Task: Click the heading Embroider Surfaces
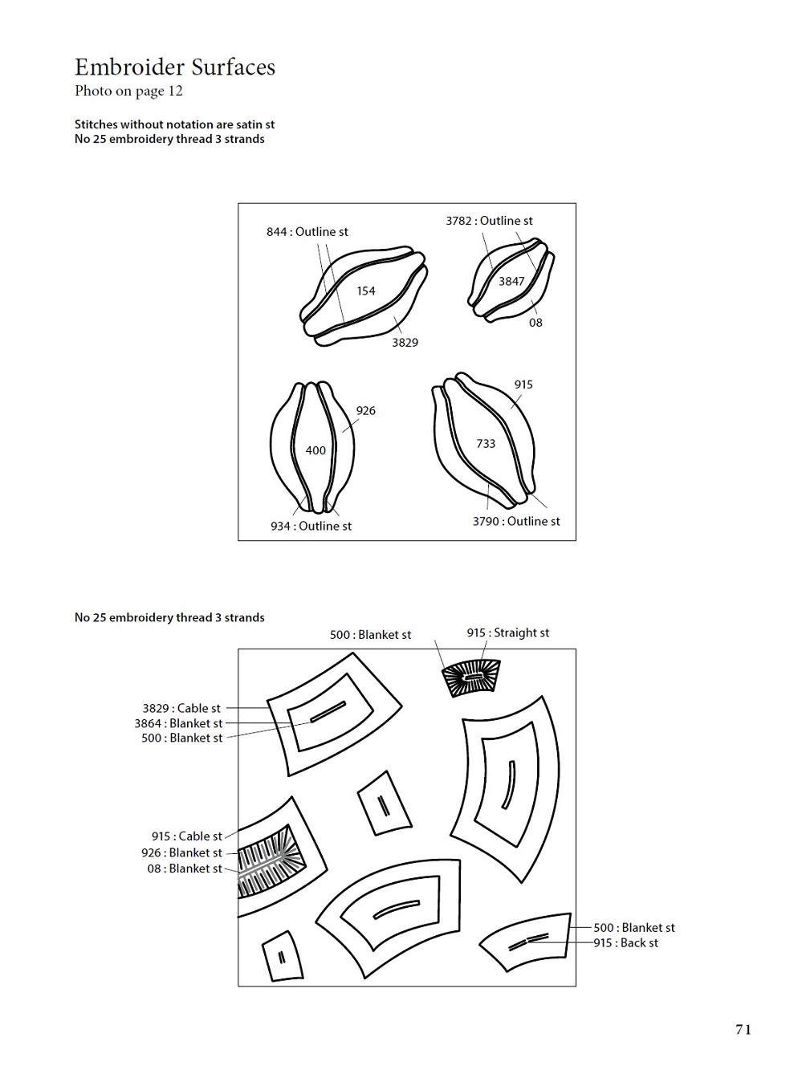(x=175, y=67)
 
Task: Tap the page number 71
(x=743, y=1030)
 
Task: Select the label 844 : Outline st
(x=307, y=232)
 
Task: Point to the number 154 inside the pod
(x=366, y=291)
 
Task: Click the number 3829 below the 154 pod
(x=405, y=343)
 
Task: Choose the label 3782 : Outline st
(x=489, y=221)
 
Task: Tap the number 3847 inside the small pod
(x=511, y=281)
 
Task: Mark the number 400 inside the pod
(x=316, y=450)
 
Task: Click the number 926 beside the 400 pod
(x=365, y=410)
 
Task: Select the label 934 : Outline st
(x=311, y=527)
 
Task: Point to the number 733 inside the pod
(x=486, y=443)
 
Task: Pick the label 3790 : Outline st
(x=516, y=521)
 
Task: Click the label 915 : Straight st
(x=507, y=633)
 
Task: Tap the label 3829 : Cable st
(x=181, y=708)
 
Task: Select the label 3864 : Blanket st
(x=178, y=723)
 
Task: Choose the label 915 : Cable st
(x=187, y=836)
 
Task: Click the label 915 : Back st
(x=625, y=943)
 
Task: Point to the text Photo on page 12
(x=128, y=91)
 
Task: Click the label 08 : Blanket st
(x=185, y=869)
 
